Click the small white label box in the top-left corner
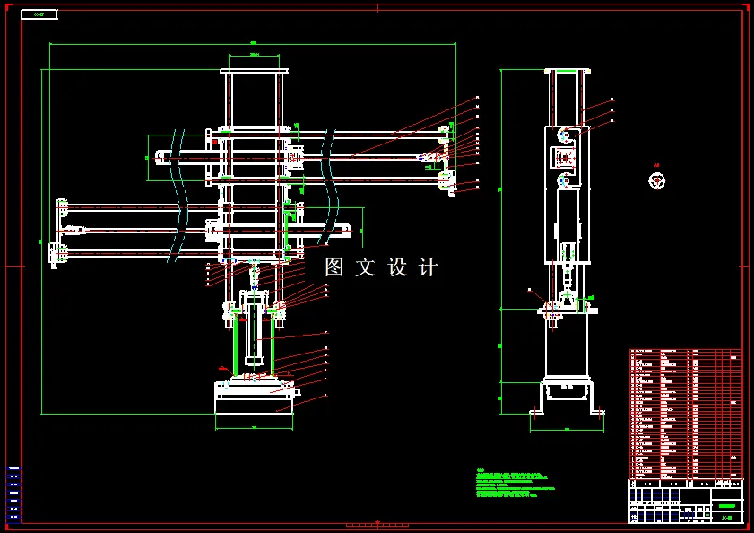(x=39, y=14)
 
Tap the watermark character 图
(x=334, y=267)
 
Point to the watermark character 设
(x=398, y=267)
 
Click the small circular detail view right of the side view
(x=657, y=180)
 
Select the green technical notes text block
(x=515, y=483)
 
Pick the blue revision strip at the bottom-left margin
(x=13, y=493)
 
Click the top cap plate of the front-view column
(x=254, y=70)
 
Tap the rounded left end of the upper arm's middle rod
(x=160, y=157)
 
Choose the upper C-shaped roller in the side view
(x=564, y=135)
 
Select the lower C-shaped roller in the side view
(x=564, y=181)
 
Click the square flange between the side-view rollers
(x=564, y=158)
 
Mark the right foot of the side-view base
(x=594, y=412)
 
